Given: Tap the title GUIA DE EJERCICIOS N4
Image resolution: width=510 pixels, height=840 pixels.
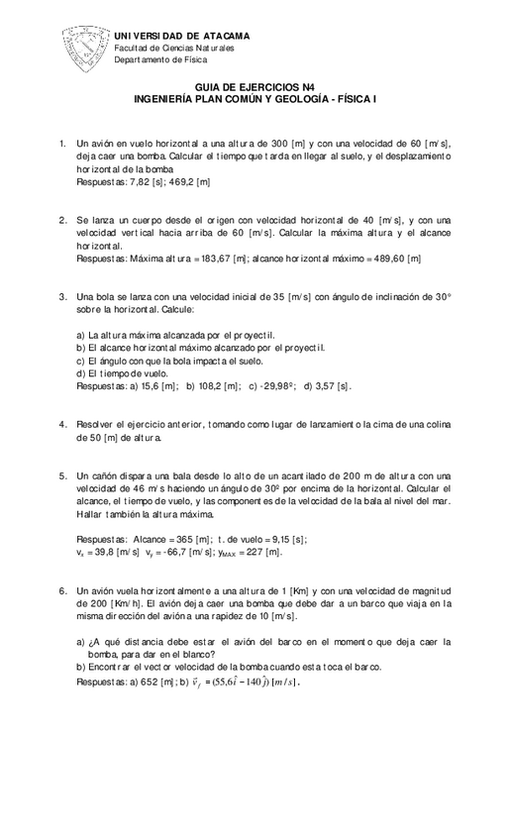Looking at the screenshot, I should (255, 88).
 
